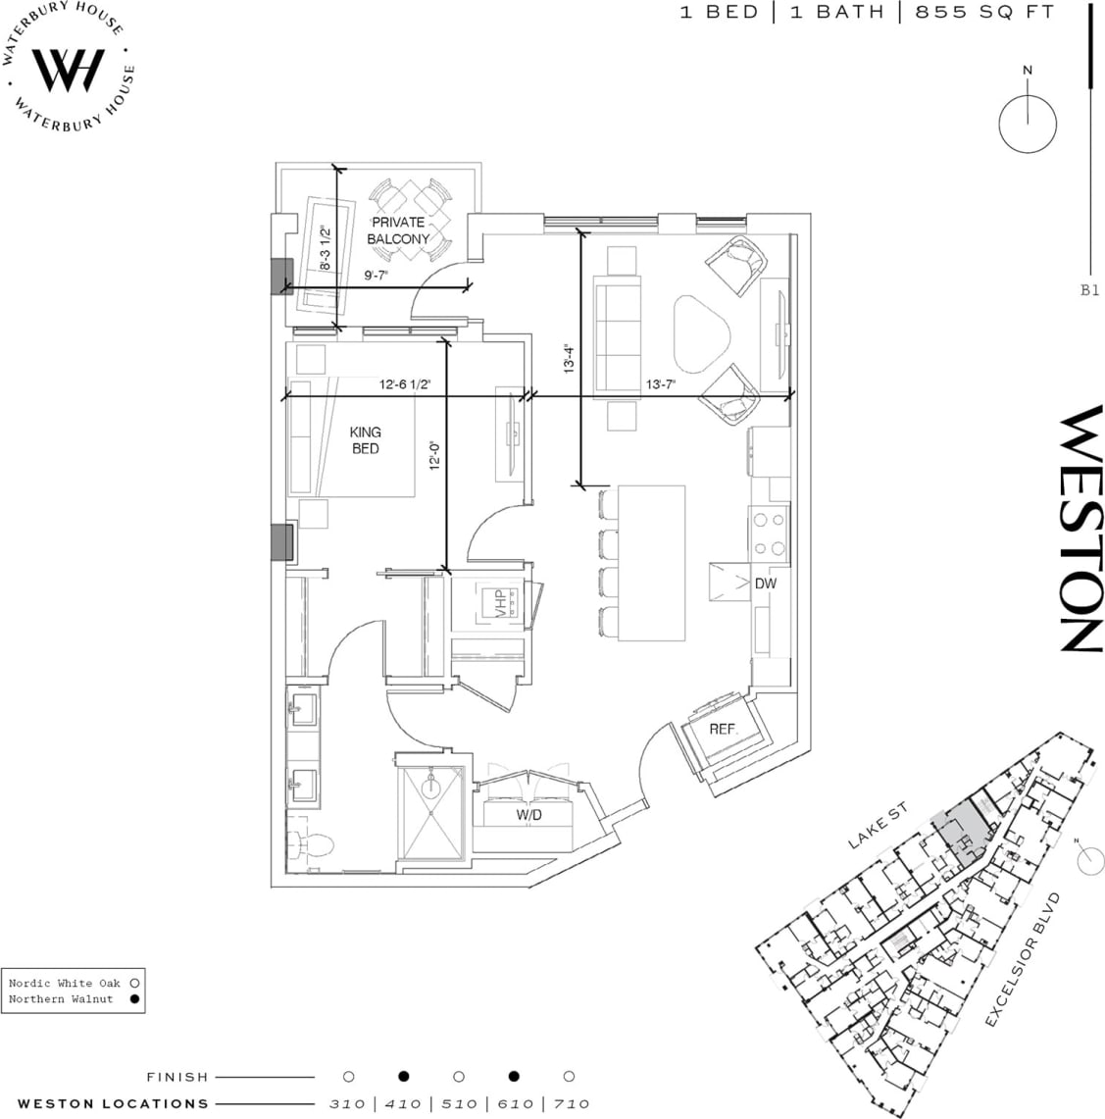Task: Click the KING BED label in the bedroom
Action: coord(365,440)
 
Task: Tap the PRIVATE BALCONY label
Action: coord(398,230)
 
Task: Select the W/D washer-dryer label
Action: coord(529,816)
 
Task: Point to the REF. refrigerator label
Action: coord(724,731)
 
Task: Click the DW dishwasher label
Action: coord(766,584)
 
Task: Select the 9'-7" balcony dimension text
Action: coord(377,277)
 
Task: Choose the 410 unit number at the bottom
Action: coord(403,1104)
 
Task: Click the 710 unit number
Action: coord(570,1104)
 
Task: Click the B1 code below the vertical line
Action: coord(1089,290)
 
